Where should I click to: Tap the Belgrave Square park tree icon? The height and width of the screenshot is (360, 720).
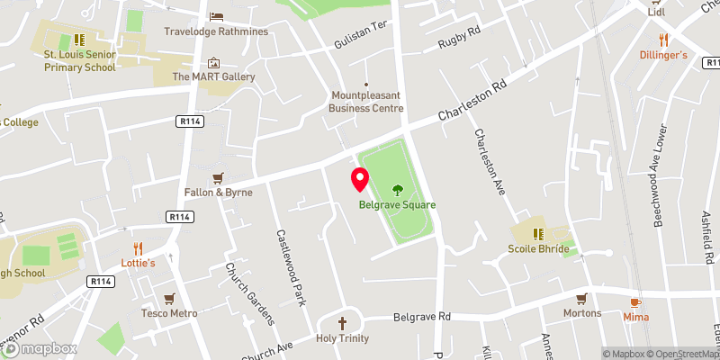[x=397, y=189]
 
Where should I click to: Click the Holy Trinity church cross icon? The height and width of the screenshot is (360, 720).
[x=342, y=322]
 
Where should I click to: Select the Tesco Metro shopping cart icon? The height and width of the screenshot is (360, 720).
[x=168, y=298]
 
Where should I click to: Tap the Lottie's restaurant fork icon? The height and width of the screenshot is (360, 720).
[x=139, y=247]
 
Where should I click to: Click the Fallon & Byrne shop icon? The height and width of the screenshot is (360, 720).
[x=216, y=177]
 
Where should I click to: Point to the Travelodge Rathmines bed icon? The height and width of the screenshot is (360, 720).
[x=216, y=16]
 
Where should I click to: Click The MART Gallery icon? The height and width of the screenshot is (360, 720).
[x=213, y=62]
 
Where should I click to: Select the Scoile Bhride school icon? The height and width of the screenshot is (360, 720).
[x=538, y=233]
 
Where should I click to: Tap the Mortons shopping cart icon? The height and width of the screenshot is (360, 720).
[x=582, y=298]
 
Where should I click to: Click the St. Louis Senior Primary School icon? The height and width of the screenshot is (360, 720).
[x=79, y=40]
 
